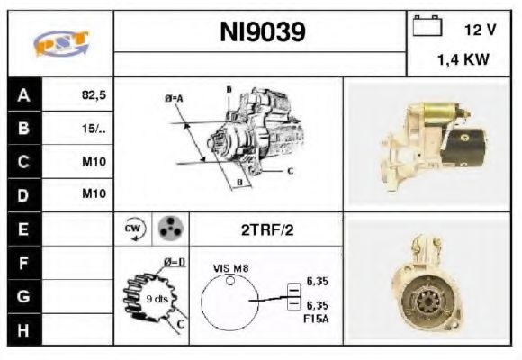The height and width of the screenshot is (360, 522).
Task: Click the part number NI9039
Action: coord(263,32)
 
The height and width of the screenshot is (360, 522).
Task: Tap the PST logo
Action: coord(61,43)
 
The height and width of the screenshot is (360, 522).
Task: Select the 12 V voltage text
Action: coord(480,30)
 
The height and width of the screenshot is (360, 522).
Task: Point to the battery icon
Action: coord(426,27)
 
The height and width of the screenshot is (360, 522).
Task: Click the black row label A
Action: coord(24,93)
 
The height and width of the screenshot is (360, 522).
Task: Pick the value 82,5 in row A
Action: coord(93,93)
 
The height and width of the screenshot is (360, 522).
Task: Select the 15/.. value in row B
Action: coord(94,128)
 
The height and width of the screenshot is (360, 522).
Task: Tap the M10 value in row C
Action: coord(94,162)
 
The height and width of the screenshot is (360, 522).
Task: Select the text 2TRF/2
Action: coord(267,229)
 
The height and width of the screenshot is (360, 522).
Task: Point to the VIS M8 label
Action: coord(232,267)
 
